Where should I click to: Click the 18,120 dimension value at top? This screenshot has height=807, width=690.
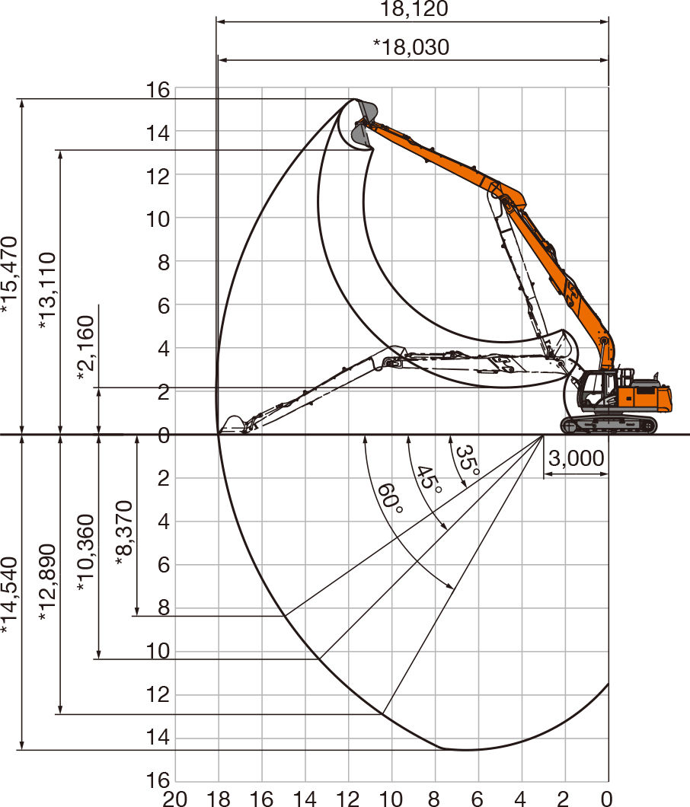(414, 8)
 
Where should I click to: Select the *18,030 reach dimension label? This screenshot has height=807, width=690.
(411, 47)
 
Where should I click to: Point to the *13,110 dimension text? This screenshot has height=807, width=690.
(47, 290)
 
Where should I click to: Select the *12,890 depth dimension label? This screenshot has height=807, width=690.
(47, 582)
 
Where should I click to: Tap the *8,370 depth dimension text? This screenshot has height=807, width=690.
(125, 533)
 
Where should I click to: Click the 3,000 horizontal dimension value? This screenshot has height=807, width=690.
(576, 458)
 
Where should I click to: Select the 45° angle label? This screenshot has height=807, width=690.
(429, 480)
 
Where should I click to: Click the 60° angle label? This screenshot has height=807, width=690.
(390, 498)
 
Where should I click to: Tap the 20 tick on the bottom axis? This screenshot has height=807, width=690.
(174, 799)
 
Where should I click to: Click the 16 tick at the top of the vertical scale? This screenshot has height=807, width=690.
(158, 90)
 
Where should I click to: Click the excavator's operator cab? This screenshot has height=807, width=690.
(596, 388)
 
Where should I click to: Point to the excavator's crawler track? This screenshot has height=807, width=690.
(609, 425)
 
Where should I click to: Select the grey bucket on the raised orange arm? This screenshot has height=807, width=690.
(365, 123)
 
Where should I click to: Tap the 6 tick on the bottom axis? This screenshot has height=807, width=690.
(478, 799)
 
